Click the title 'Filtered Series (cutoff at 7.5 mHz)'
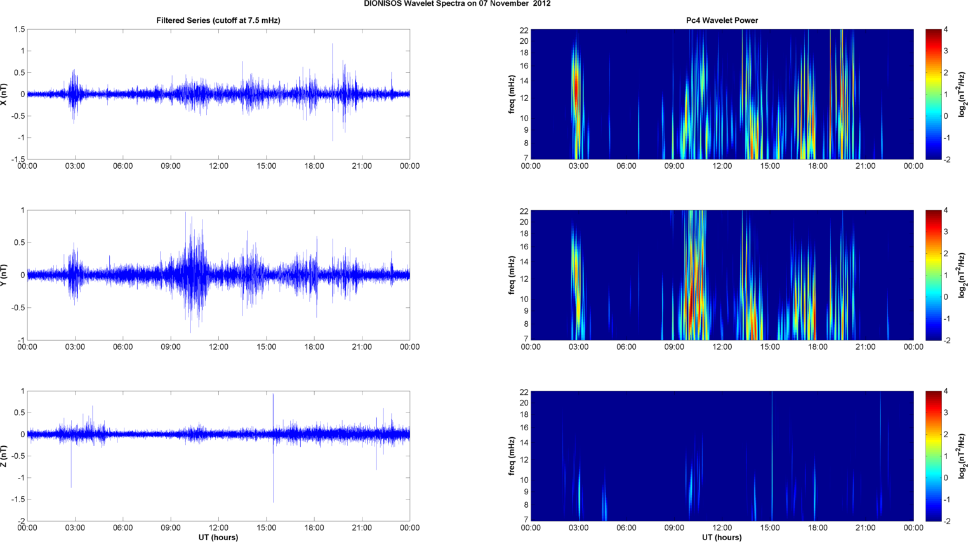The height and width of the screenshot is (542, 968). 218,20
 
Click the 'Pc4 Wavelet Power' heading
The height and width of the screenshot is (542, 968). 722,20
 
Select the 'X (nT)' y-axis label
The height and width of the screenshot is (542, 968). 4,94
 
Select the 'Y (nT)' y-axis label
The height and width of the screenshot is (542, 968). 4,275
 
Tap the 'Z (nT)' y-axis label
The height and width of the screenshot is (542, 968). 4,456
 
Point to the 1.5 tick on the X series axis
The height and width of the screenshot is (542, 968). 19,29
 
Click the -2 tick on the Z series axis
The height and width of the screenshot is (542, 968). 20,521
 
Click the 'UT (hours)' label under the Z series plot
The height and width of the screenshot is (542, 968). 218,538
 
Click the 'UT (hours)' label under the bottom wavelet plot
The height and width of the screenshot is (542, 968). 722,538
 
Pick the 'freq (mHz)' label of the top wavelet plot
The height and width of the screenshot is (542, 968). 512,94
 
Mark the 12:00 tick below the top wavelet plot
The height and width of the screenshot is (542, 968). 722,166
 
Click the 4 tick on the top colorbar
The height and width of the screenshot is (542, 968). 946,30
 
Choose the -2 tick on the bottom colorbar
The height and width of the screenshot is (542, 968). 947,521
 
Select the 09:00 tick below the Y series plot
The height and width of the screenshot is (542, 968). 171,347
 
